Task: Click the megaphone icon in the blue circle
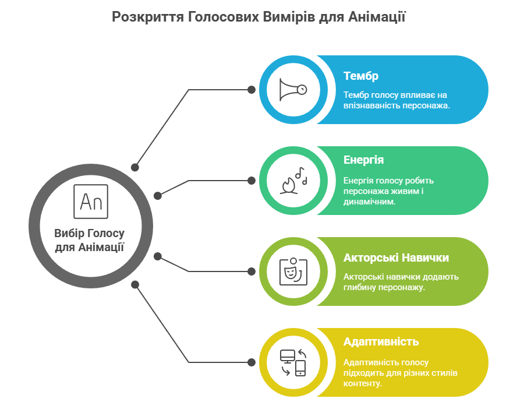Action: click(293, 90)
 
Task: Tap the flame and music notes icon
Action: click(294, 181)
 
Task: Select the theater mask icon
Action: click(293, 271)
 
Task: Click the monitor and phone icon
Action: click(293, 362)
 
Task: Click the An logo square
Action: click(91, 202)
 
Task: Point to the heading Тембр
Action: click(361, 76)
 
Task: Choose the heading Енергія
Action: click(363, 160)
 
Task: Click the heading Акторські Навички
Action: click(396, 258)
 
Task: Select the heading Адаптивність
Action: click(381, 341)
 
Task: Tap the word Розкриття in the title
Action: click(147, 17)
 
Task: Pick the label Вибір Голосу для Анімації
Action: click(89, 240)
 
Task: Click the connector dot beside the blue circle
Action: click(252, 90)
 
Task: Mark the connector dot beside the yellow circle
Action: click(252, 362)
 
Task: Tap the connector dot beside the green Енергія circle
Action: click(252, 181)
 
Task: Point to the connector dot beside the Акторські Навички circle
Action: click(252, 271)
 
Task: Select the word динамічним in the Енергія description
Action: click(369, 202)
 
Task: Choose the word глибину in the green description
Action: click(359, 287)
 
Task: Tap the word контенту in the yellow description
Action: click(362, 383)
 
